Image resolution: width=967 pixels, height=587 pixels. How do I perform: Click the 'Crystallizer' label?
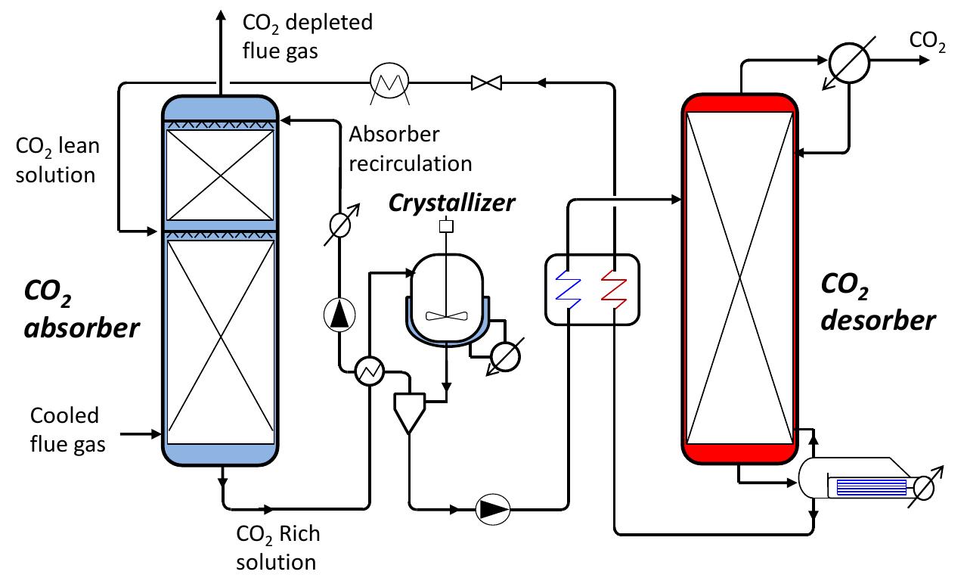[452, 202]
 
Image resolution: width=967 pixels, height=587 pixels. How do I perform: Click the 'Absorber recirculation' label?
[410, 149]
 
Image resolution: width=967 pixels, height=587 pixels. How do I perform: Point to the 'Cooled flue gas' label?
[67, 430]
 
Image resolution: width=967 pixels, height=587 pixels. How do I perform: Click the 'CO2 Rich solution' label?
[277, 548]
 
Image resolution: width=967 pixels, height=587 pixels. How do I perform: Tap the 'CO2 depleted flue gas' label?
[306, 36]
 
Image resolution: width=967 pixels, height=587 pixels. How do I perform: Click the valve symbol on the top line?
[482, 82]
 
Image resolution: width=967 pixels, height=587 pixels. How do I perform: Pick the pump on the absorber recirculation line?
[338, 315]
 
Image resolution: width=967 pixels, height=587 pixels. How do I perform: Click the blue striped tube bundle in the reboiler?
[869, 486]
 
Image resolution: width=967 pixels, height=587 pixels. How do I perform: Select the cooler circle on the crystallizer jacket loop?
[504, 357]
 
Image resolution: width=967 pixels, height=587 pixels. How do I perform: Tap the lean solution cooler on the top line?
[389, 81]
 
